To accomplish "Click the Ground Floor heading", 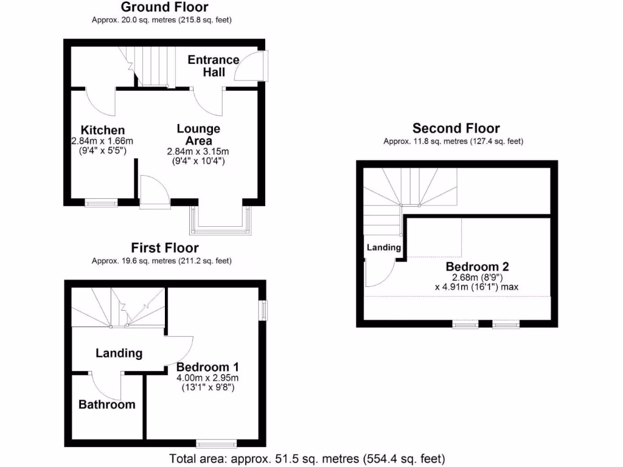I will coord(164,7).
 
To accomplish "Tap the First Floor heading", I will coord(165,247).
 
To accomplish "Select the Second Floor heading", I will coord(456,128).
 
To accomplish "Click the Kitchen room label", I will coord(103,130).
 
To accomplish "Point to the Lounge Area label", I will coord(198,134).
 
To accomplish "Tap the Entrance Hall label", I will coord(214,66).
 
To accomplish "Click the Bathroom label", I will coord(107,404).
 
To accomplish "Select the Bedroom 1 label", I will coord(207,367).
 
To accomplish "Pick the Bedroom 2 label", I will coord(477,266).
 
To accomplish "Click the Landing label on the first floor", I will coord(119,353).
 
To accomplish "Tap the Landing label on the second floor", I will coord(383,247).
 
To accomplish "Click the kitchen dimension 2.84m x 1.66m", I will coord(102,141).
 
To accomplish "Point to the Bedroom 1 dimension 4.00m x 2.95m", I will coord(207,378).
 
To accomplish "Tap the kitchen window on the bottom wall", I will coord(101,202).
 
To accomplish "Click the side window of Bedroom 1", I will coord(263,310).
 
